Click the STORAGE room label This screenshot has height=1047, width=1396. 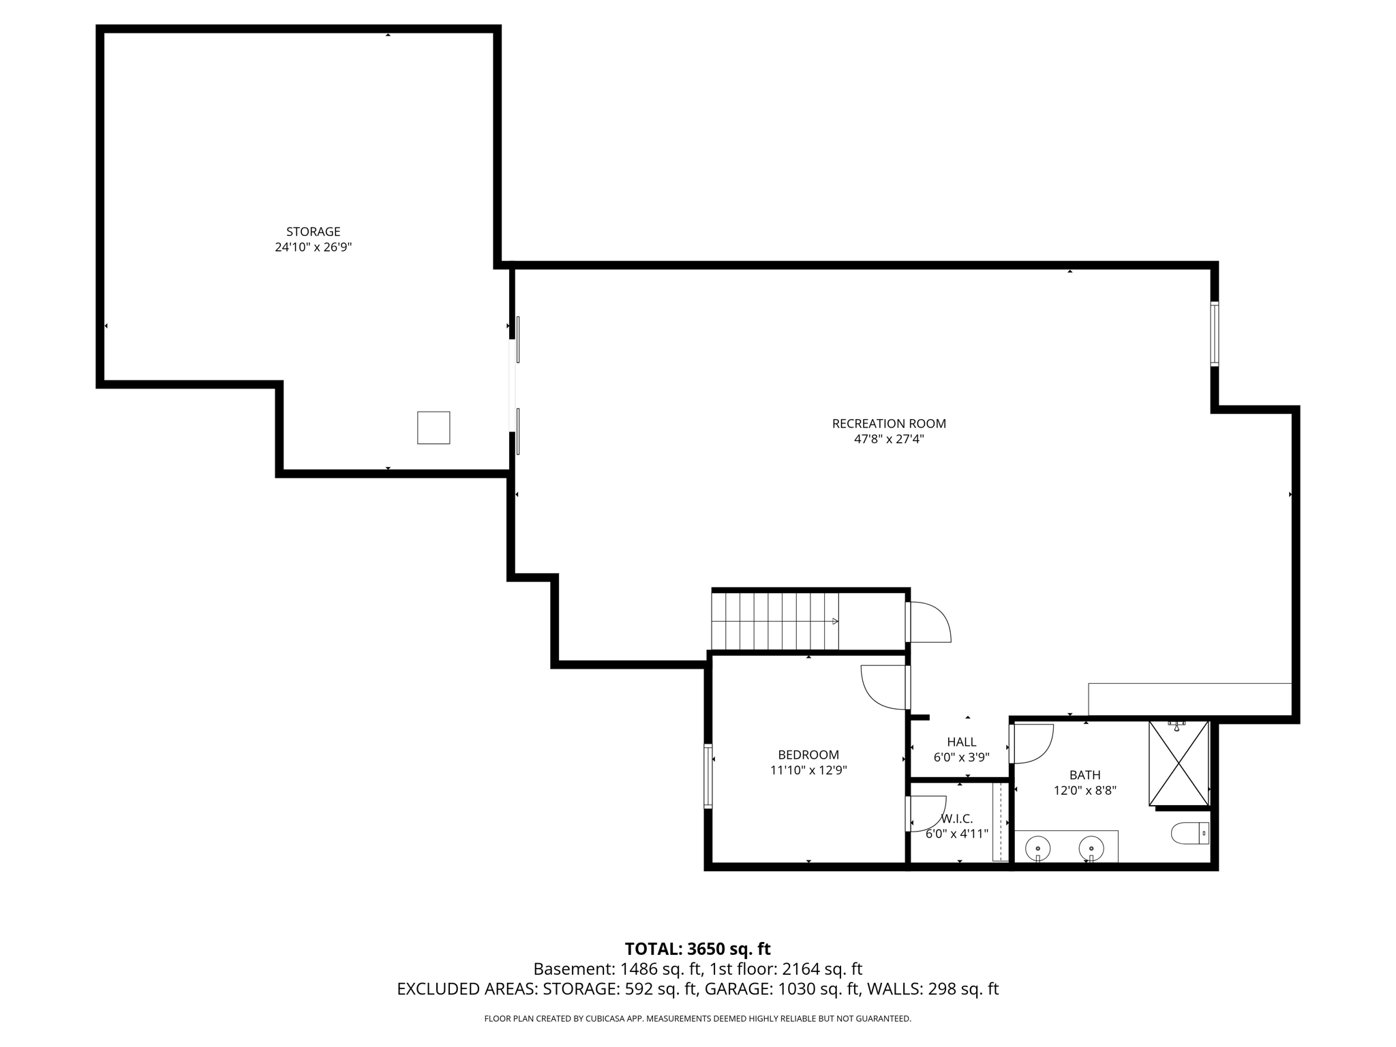(x=313, y=232)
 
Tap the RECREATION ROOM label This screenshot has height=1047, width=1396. (x=889, y=423)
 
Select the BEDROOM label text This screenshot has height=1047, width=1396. (x=808, y=755)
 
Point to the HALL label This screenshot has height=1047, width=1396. (x=961, y=742)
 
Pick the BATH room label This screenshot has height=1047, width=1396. (x=1084, y=775)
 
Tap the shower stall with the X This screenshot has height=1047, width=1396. (x=1179, y=763)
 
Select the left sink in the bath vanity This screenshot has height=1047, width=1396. (x=1037, y=849)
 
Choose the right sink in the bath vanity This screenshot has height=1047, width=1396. (x=1091, y=849)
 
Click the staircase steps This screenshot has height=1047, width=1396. (x=775, y=621)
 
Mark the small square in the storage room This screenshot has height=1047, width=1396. (x=434, y=428)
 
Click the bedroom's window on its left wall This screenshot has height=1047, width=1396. (x=708, y=776)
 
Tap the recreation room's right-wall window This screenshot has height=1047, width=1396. (x=1214, y=334)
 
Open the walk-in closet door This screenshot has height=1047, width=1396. (x=926, y=814)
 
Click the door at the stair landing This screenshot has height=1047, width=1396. (x=928, y=622)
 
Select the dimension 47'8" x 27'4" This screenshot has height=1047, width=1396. (x=889, y=440)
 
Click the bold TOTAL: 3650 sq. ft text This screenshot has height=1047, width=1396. (x=697, y=949)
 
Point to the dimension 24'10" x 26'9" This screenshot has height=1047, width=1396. (x=313, y=247)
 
